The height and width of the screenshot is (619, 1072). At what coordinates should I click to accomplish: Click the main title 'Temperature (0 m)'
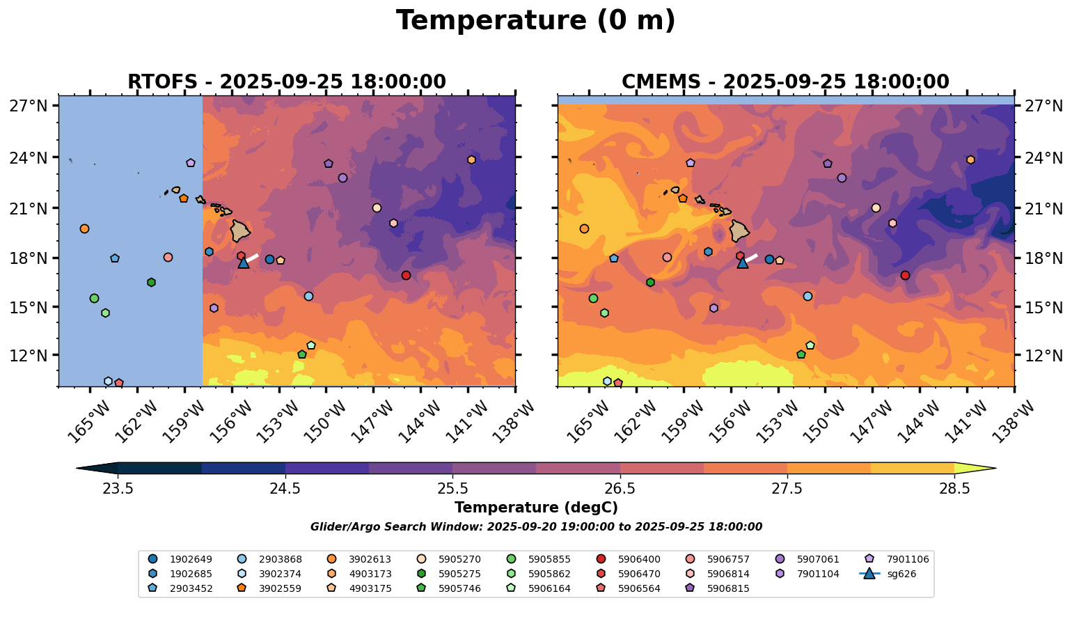click(x=535, y=21)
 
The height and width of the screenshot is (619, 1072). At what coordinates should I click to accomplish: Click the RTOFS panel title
click(x=286, y=82)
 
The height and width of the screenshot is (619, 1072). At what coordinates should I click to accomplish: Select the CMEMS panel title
click(x=785, y=82)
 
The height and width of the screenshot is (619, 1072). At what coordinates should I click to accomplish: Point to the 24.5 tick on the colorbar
click(x=285, y=488)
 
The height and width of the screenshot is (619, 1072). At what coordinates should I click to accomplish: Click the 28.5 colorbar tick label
click(x=954, y=488)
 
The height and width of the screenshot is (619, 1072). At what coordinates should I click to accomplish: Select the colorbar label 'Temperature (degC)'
click(x=535, y=508)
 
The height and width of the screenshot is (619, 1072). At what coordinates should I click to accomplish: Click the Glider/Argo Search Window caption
click(x=535, y=527)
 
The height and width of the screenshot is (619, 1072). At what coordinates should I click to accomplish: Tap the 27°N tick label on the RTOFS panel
click(x=29, y=106)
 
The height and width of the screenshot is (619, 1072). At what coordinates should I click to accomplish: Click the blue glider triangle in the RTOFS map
click(x=244, y=263)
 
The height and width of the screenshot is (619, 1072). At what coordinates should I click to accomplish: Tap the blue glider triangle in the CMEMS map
click(x=743, y=263)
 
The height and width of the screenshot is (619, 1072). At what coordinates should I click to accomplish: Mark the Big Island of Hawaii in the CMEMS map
click(x=740, y=231)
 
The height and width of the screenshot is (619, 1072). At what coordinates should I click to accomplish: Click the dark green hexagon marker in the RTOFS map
click(x=151, y=282)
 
